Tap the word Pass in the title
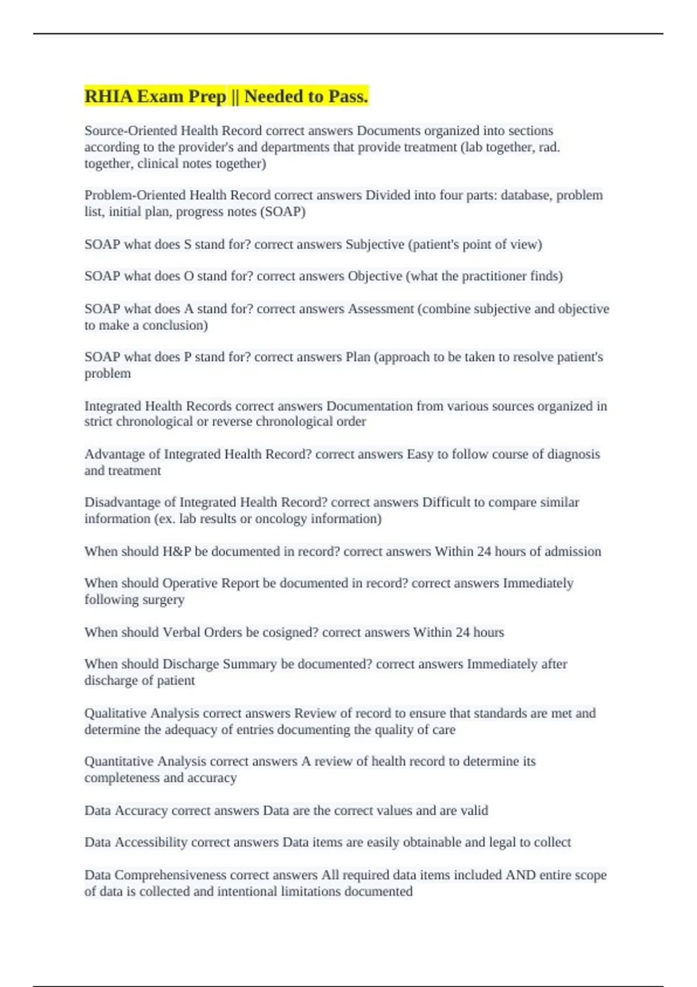point(348,96)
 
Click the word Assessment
point(381,309)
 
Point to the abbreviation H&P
point(177,552)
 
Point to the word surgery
point(163,600)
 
